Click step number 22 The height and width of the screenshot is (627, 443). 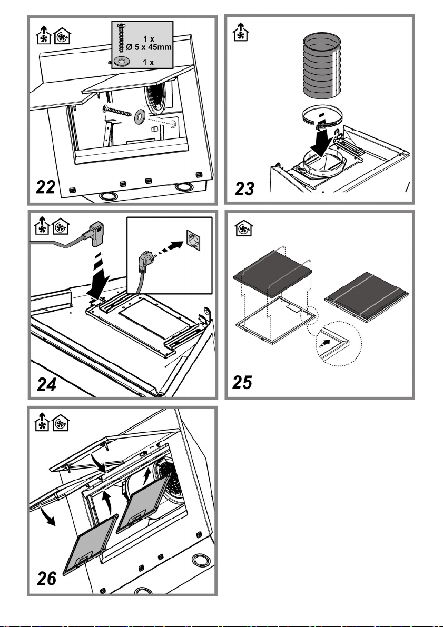pos(46,187)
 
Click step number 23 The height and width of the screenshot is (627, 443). pos(244,188)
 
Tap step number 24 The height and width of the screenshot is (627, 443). pos(46,384)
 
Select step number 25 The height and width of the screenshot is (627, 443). pos(242,382)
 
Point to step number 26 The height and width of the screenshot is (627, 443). pos(46,579)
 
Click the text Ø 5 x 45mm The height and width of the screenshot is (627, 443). pos(149,47)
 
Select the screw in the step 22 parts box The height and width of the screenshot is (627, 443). pos(121,38)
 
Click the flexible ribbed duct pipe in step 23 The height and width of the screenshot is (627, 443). pos(322,66)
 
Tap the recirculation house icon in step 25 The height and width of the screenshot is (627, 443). pos(243,228)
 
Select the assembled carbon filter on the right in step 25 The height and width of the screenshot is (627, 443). pos(366,297)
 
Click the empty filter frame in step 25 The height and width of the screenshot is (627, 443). pos(276,320)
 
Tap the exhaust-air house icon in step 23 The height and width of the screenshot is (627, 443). pos(241,32)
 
